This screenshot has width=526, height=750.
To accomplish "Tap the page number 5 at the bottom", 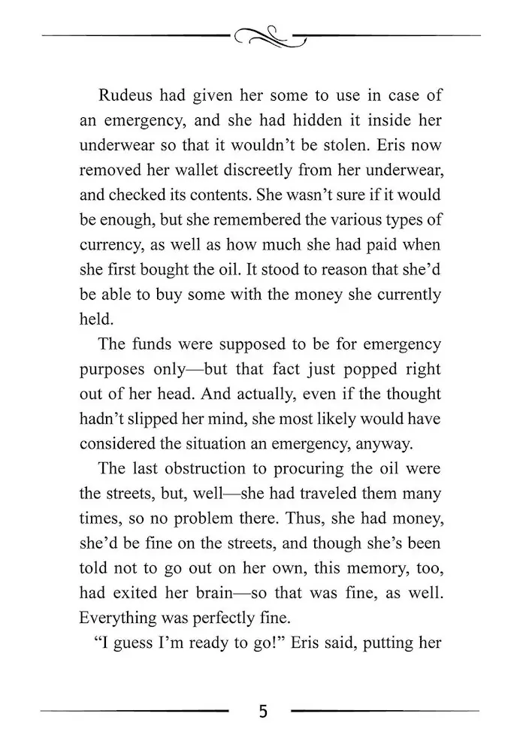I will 262,711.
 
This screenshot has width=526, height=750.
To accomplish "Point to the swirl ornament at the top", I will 262,35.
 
